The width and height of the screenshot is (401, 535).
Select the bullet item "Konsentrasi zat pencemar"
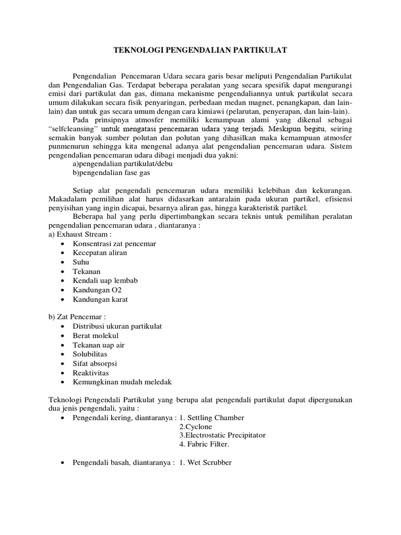tap(114, 243)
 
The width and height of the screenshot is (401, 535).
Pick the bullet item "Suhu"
tap(81, 262)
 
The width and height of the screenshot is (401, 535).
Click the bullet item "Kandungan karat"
tap(100, 299)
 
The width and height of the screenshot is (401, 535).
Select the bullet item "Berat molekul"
tap(96, 335)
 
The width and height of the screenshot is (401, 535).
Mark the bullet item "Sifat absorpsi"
tap(95, 363)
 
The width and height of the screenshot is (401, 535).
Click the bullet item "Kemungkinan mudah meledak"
tap(122, 381)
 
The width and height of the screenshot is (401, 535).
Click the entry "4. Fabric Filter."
tap(204, 444)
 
